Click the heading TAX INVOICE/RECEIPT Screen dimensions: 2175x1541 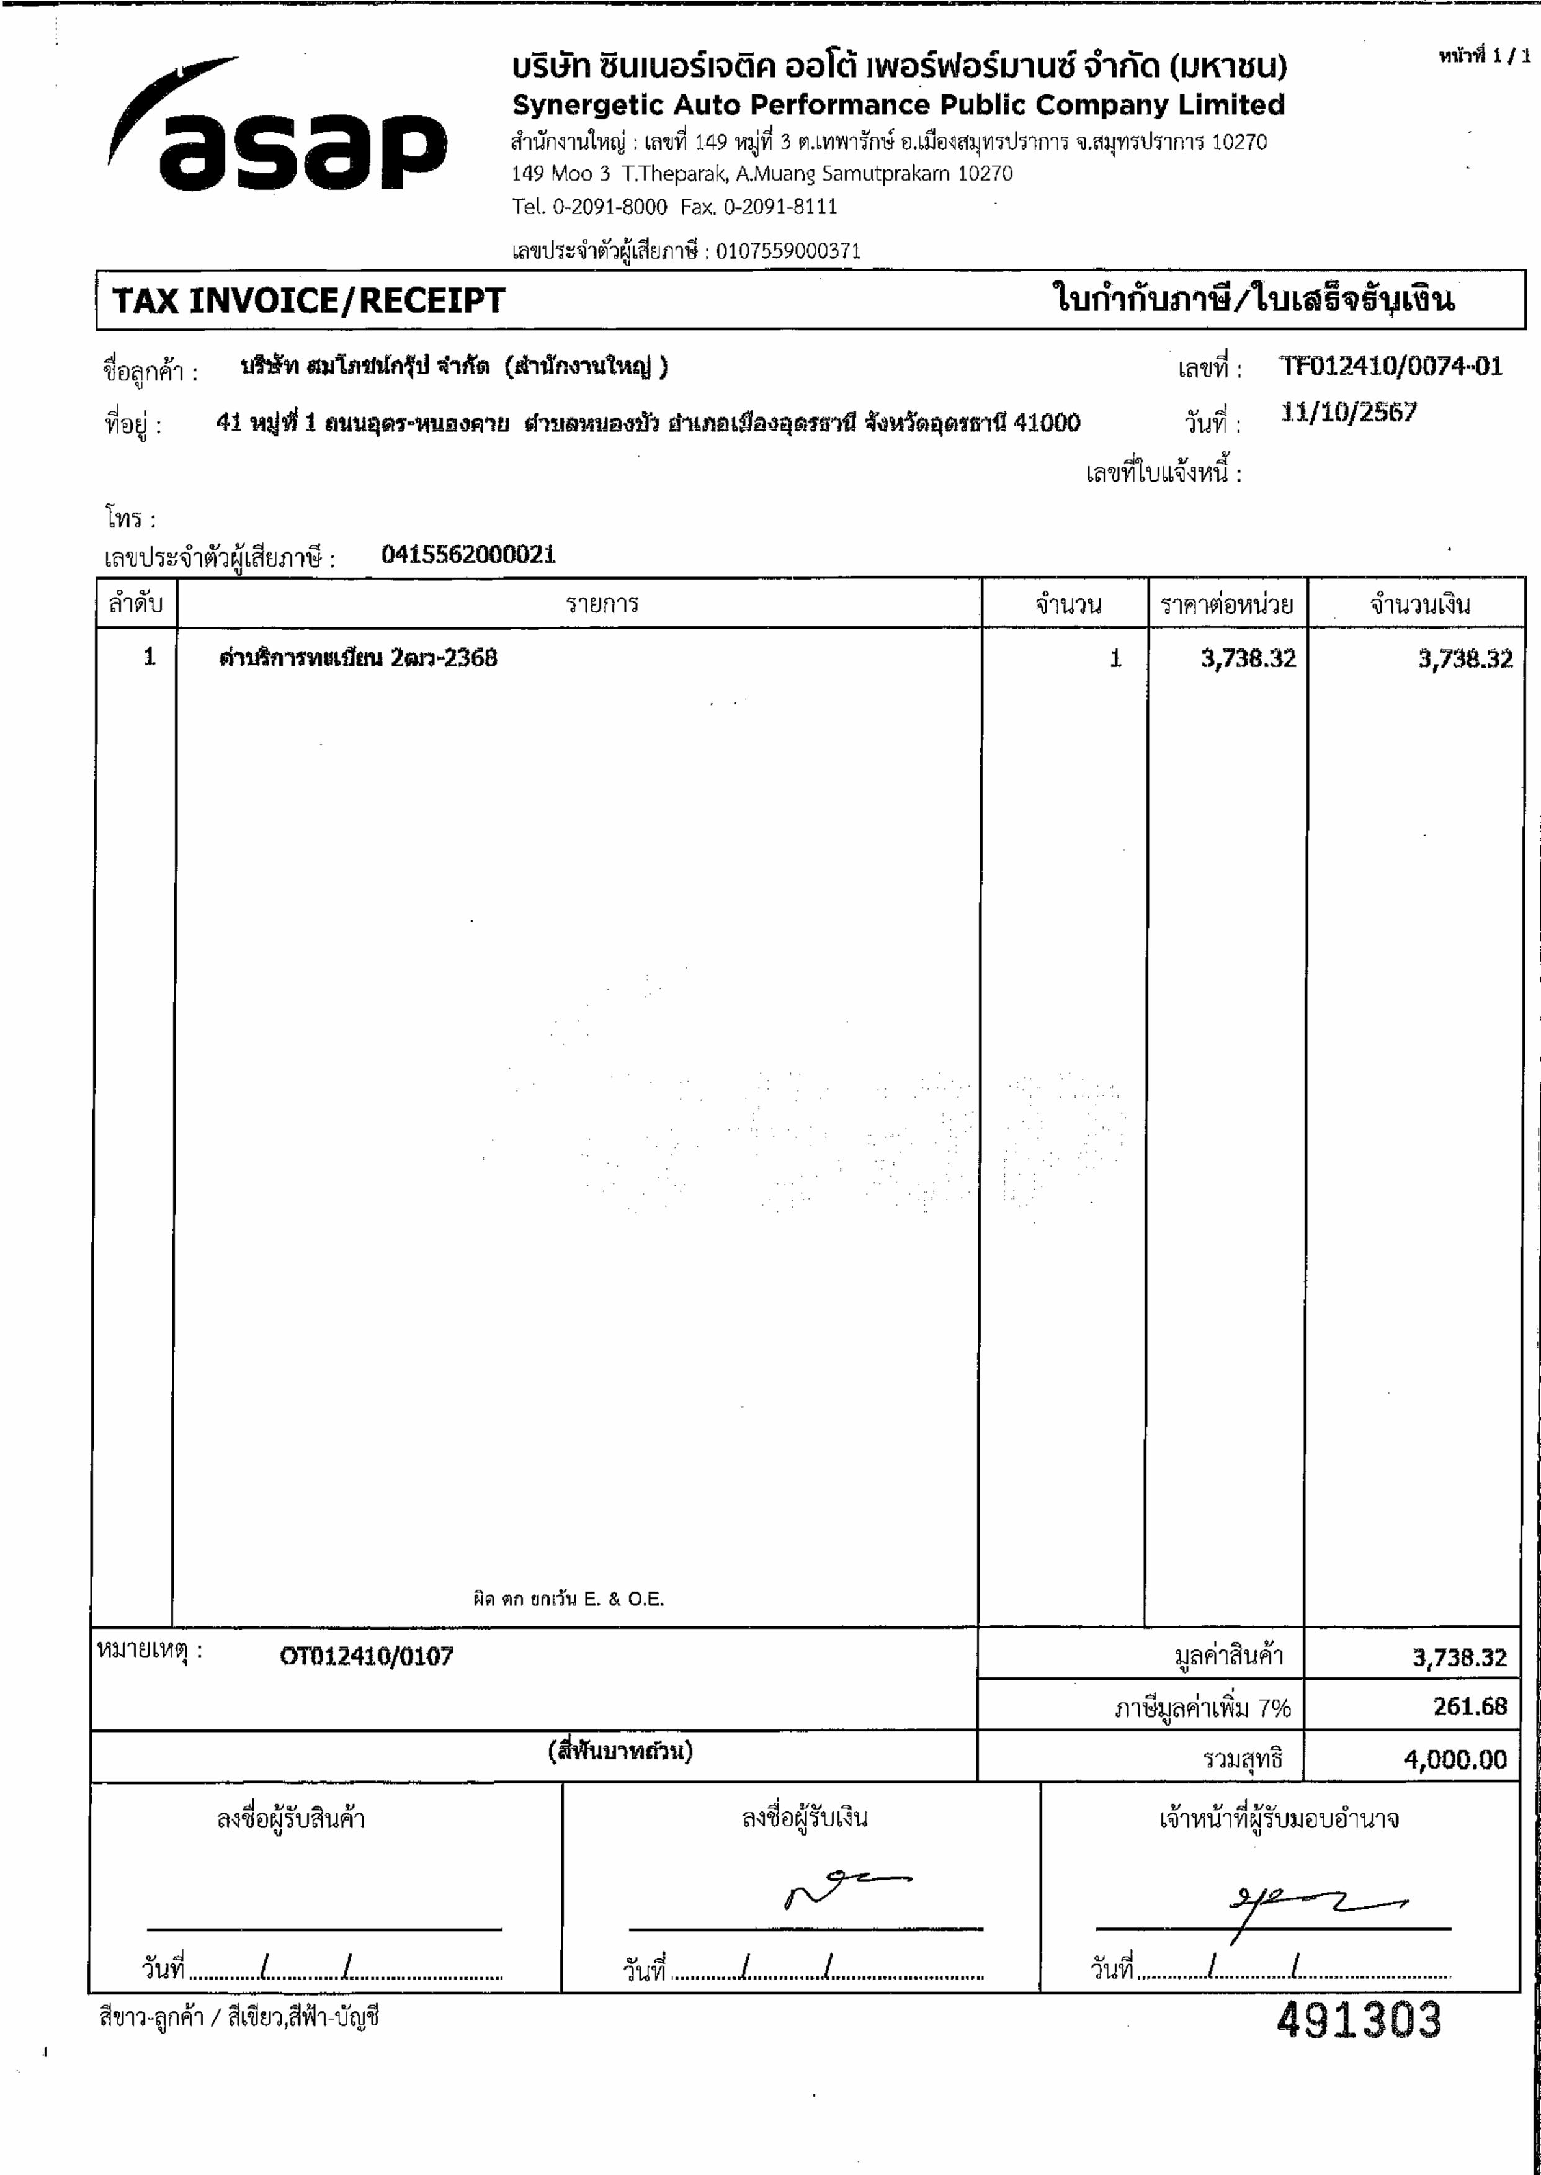coord(308,301)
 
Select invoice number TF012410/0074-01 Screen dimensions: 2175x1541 coord(1390,366)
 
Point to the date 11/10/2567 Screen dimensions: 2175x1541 coord(1349,413)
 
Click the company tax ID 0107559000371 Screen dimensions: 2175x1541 coord(788,251)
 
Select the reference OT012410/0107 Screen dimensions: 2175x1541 coord(366,1657)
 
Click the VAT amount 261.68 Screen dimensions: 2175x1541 coord(1470,1706)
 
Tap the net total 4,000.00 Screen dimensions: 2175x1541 coord(1455,1760)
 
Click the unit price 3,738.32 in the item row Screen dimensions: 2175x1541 coord(1248,658)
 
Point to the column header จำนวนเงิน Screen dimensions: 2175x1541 coord(1419,604)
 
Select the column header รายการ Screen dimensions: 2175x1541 coord(602,604)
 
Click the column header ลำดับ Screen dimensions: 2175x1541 coord(136,604)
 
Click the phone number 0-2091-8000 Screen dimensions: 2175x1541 coord(609,206)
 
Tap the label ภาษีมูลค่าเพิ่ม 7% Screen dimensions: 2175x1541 coord(1202,1708)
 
